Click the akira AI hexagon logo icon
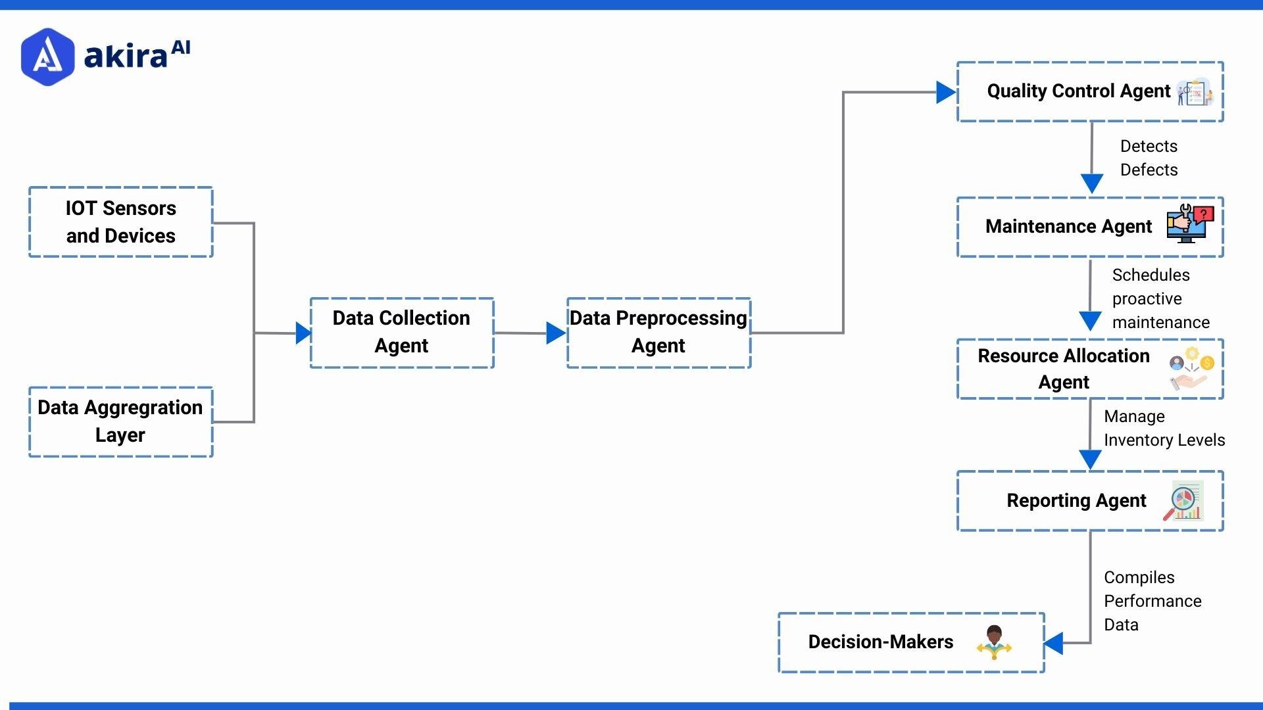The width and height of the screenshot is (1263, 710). [x=47, y=57]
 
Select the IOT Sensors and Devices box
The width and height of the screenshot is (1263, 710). [x=121, y=222]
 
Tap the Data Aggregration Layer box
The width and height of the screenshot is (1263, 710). [x=121, y=421]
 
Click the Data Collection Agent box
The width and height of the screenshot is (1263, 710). [x=402, y=333]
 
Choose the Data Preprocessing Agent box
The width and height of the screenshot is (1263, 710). [x=658, y=333]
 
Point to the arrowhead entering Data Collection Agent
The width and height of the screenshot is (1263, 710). [x=303, y=333]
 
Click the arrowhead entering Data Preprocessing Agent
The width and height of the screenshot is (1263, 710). [x=555, y=333]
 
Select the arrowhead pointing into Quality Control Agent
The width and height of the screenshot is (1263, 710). [x=945, y=93]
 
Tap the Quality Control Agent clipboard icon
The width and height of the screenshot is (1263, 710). [x=1195, y=92]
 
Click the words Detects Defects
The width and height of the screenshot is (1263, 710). [x=1149, y=158]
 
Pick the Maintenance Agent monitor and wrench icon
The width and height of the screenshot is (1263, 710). [x=1189, y=224]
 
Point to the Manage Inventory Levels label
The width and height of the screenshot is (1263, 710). [x=1163, y=428]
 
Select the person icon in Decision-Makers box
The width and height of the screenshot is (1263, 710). [x=994, y=642]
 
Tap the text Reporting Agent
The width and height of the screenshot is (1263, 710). [x=1076, y=501]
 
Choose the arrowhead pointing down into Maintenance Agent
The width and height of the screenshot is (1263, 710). [x=1092, y=183]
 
